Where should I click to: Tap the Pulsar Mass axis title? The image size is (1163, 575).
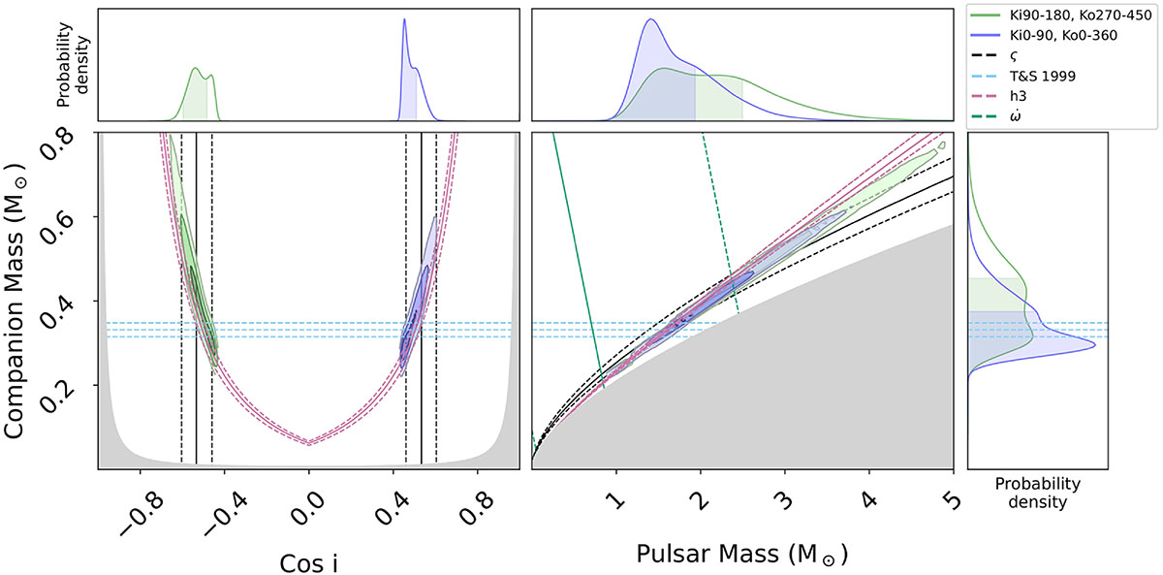pos(742,555)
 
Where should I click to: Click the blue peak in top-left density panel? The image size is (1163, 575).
pos(404,23)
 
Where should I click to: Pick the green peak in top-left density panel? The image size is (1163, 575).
pos(196,68)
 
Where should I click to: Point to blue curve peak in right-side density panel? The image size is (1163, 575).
pos(1094,344)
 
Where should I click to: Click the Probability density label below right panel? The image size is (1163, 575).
pos(1038,494)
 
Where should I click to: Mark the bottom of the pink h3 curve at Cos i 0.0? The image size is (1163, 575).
pos(309,443)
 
